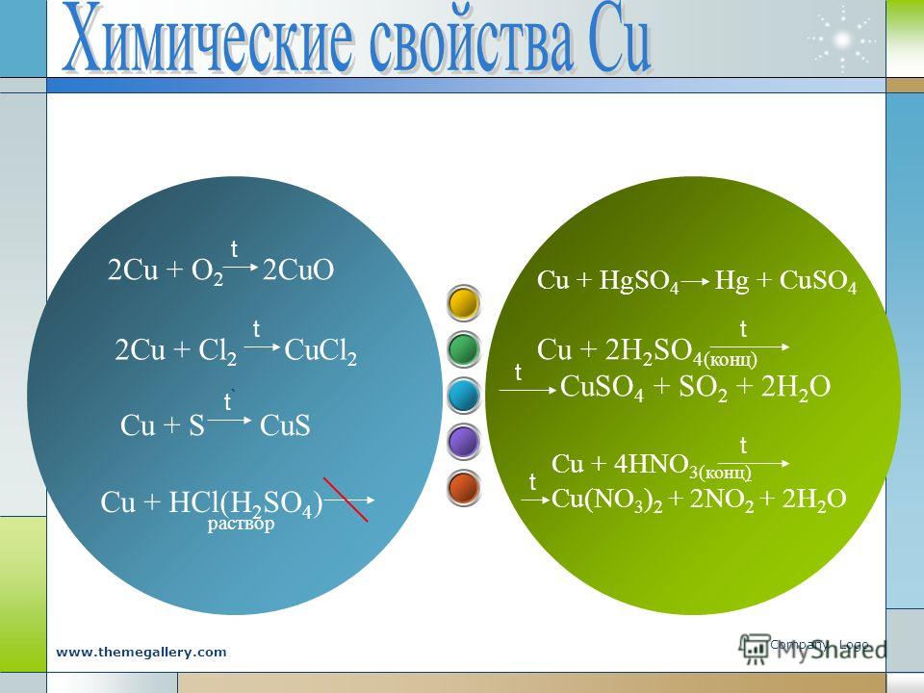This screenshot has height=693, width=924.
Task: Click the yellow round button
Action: (x=464, y=303)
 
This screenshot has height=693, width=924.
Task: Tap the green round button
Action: (x=464, y=349)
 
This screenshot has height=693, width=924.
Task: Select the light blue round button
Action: (x=464, y=396)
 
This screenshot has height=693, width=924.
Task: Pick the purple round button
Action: (x=464, y=442)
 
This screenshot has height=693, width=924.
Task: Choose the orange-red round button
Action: (x=464, y=487)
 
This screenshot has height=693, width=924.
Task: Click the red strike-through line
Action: (x=346, y=500)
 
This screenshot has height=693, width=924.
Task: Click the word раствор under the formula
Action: (x=241, y=524)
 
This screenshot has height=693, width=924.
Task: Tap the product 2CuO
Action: (x=298, y=270)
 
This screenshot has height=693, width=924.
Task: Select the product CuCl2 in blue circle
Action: (x=321, y=351)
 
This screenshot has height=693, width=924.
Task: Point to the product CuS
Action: (x=285, y=425)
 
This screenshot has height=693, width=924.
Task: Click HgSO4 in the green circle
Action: (x=639, y=281)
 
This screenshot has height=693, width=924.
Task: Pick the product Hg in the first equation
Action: (x=731, y=282)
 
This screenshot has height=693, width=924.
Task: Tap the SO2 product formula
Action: (x=703, y=388)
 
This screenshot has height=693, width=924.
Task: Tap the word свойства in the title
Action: (x=471, y=42)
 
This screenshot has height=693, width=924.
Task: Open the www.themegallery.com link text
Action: (x=141, y=653)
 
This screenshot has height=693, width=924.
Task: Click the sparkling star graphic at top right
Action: (x=843, y=39)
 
